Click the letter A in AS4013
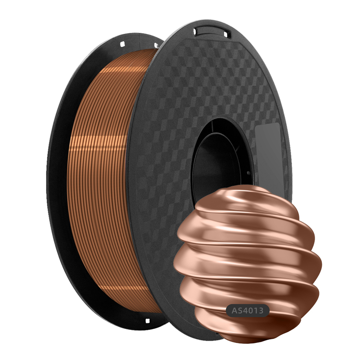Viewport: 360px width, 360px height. (234, 310)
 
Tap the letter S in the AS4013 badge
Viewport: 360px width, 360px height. (240, 310)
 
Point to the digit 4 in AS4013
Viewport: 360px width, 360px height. (246, 310)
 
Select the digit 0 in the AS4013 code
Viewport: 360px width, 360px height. (252, 310)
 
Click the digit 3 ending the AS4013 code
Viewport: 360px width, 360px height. (261, 310)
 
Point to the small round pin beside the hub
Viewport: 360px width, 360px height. (248, 173)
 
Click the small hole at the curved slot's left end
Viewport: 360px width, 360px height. (195, 32)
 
